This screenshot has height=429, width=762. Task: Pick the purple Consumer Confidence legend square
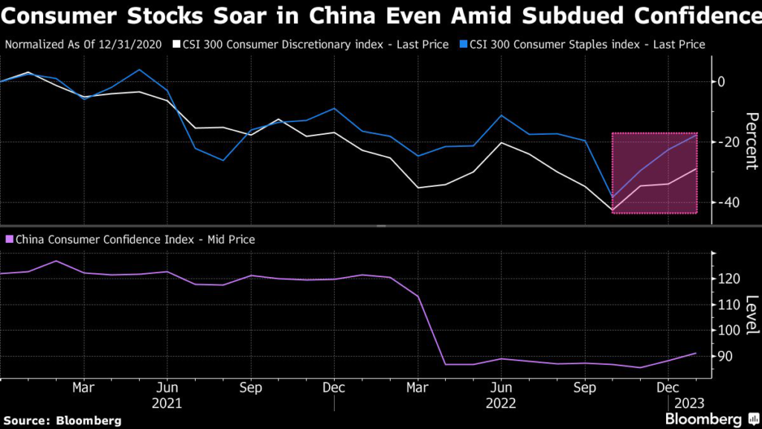tap(9, 239)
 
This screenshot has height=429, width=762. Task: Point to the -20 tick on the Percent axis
tap(726, 142)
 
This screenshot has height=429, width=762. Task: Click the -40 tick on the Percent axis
tap(726, 202)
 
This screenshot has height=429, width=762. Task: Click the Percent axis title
tap(751, 142)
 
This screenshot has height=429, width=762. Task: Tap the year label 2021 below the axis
tap(167, 403)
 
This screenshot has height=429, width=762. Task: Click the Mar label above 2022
tap(417, 388)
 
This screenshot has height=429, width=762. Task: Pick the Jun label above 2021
tap(167, 388)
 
